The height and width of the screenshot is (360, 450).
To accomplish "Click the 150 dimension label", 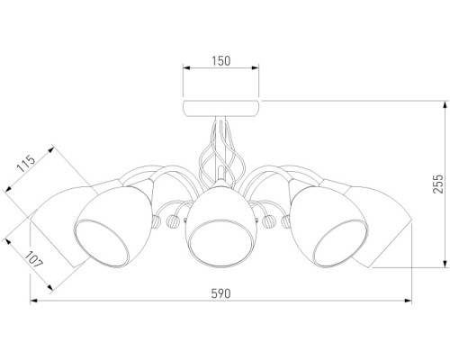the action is pyautogui.click(x=221, y=61).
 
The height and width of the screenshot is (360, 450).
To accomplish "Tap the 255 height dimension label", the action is pyautogui.click(x=438, y=184).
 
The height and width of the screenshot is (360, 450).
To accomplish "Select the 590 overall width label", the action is pyautogui.click(x=220, y=293).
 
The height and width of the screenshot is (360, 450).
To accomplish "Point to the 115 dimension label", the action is pyautogui.click(x=26, y=163).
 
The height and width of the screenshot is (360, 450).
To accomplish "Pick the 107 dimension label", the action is pyautogui.click(x=34, y=259).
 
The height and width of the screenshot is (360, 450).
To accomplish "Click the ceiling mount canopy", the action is pyautogui.click(x=221, y=109).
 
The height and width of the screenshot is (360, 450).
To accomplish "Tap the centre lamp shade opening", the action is pyautogui.click(x=220, y=243).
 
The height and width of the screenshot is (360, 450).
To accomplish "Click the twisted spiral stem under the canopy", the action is pyautogui.click(x=220, y=150).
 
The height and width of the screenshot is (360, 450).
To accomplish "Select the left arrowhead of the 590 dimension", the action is pyautogui.click(x=33, y=301).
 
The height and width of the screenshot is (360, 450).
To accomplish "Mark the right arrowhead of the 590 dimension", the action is pyautogui.click(x=408, y=301).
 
